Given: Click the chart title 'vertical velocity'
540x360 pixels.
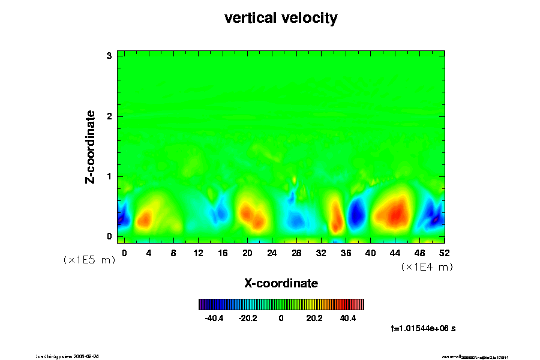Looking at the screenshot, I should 281,18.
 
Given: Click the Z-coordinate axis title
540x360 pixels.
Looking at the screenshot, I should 91,146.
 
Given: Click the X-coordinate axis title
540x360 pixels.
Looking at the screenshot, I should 281,283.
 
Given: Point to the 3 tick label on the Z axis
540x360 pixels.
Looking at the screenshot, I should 109,56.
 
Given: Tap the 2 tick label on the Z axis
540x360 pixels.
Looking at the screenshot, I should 109,116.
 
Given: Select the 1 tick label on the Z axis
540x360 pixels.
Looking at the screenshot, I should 109,176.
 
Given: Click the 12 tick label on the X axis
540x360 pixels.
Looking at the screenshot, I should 198,253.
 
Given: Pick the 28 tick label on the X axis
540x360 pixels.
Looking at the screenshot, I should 296,253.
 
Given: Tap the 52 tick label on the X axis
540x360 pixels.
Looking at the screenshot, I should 444,253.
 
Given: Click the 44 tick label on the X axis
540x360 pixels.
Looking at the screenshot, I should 395,253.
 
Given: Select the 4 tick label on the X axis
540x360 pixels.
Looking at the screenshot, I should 149,253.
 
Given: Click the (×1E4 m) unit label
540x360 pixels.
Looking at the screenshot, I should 427,267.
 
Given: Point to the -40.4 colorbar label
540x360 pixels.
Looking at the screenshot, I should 214,318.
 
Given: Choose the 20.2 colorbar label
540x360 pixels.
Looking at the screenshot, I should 314,318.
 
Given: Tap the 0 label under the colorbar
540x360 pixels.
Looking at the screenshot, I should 281,318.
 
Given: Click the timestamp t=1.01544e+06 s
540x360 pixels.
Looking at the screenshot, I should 423,328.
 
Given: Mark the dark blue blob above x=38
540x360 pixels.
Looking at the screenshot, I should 358,213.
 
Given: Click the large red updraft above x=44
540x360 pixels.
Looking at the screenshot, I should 394,211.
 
